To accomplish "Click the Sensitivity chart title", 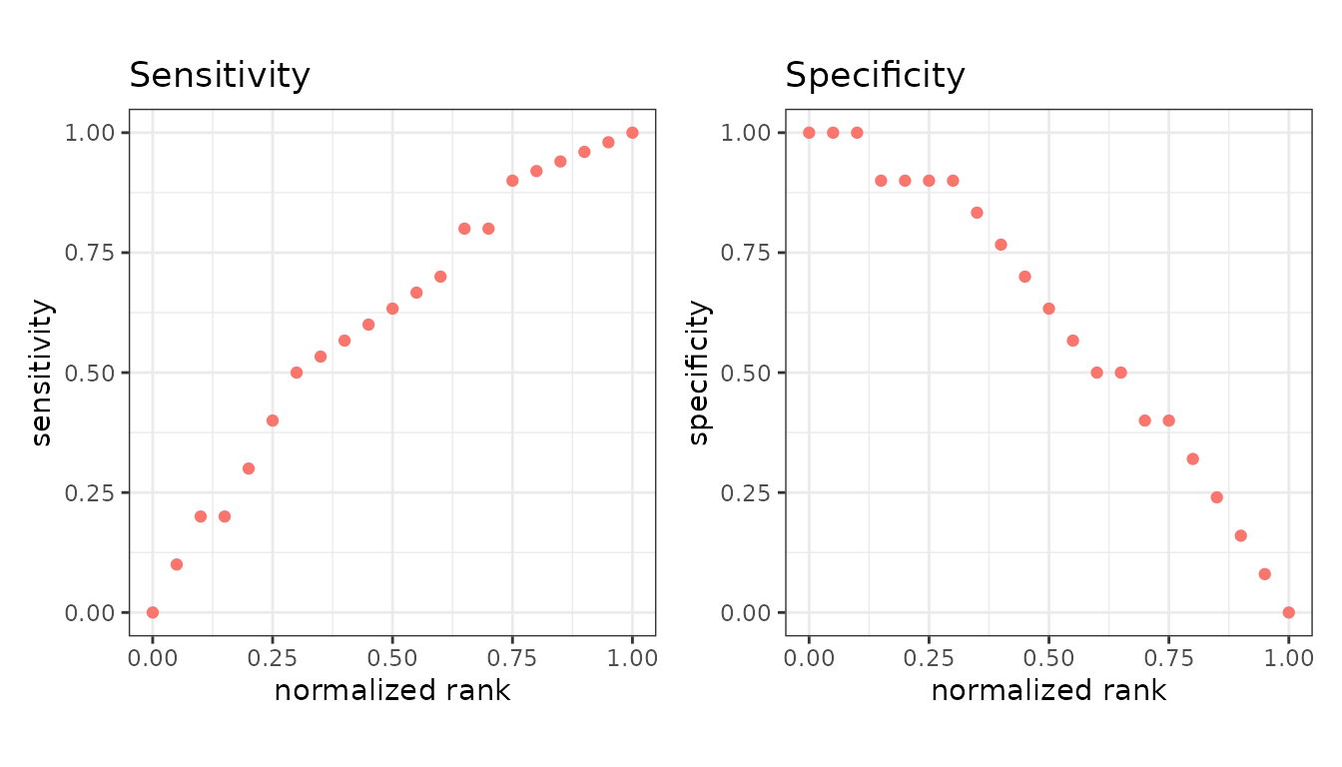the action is pyautogui.click(x=220, y=77).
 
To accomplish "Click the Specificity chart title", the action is pyautogui.click(x=875, y=77).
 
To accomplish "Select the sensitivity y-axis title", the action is pyautogui.click(x=41, y=373).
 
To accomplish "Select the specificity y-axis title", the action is pyautogui.click(x=698, y=373).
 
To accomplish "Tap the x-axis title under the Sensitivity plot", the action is pyautogui.click(x=391, y=690).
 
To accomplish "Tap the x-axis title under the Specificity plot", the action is pyautogui.click(x=1048, y=690).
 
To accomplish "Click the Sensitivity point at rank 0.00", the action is pyautogui.click(x=153, y=612).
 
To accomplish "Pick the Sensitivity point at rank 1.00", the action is pyautogui.click(x=632, y=133).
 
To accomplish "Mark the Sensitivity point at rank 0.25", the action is pyautogui.click(x=273, y=420).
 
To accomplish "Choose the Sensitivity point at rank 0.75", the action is pyautogui.click(x=512, y=181).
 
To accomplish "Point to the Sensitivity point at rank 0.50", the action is pyautogui.click(x=392, y=309).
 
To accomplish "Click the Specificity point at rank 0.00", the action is pyautogui.click(x=809, y=133).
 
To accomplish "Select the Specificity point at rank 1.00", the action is pyautogui.click(x=1289, y=612).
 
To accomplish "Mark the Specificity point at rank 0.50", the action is pyautogui.click(x=1049, y=309).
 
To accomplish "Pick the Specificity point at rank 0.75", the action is pyautogui.click(x=1169, y=420).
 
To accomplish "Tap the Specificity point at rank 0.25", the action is pyautogui.click(x=929, y=181).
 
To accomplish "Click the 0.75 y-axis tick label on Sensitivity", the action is pyautogui.click(x=89, y=253).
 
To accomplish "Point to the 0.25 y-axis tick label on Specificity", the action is pyautogui.click(x=745, y=493).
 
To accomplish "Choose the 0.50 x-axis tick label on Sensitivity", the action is pyautogui.click(x=391, y=658).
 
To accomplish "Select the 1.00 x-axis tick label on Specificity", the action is pyautogui.click(x=1289, y=658).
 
